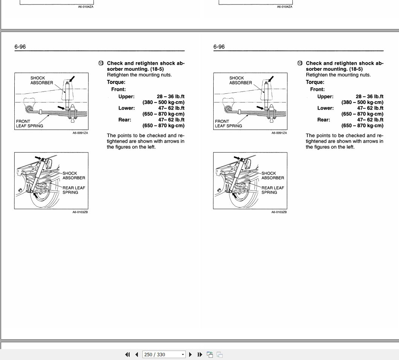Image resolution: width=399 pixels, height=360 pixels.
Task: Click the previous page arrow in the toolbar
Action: coord(136,354)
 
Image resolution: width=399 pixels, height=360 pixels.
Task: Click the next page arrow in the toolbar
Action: coord(190,354)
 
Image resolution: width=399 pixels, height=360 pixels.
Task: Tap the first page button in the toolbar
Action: coord(127,354)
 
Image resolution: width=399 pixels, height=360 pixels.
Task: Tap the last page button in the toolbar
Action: coord(200,354)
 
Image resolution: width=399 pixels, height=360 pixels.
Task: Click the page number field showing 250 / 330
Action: coord(161,354)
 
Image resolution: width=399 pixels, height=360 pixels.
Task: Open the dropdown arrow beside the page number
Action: coord(183,354)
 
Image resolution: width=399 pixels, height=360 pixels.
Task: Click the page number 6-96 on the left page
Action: coord(20,47)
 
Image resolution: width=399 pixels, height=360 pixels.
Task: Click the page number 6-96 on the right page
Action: coord(219,47)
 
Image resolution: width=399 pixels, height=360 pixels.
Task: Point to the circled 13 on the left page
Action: coord(101,63)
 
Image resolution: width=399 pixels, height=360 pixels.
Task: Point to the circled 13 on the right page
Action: coord(300,63)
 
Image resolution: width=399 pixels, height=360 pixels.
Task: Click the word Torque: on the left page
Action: coord(116,82)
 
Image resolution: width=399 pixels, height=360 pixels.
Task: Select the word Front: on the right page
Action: coord(318,89)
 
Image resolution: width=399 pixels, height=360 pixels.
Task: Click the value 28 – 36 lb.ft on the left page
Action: coord(171,96)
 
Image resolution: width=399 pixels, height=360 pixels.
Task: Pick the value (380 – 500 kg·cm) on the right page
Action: coord(362,102)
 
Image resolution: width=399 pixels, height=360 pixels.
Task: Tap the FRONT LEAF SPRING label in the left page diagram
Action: coord(29,124)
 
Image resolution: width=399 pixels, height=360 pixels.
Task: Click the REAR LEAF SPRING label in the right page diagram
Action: coord(273,190)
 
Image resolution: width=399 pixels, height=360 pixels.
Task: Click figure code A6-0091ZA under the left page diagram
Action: coord(80,133)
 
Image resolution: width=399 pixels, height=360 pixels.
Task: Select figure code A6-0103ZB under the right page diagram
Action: coord(279,212)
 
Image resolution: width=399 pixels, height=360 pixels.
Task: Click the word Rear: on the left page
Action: coord(125,120)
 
